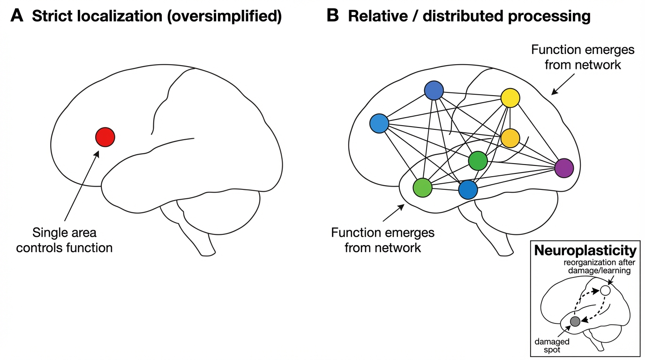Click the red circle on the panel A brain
(x=105, y=137)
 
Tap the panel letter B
(x=332, y=16)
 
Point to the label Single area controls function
(x=64, y=240)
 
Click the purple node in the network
(x=564, y=168)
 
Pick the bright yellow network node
(x=510, y=98)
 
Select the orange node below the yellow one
(x=510, y=138)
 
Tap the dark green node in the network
(x=478, y=161)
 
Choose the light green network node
(x=422, y=187)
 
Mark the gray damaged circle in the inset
(x=575, y=321)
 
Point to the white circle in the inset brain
(x=605, y=290)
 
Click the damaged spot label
(x=552, y=346)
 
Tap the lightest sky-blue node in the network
(x=379, y=124)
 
